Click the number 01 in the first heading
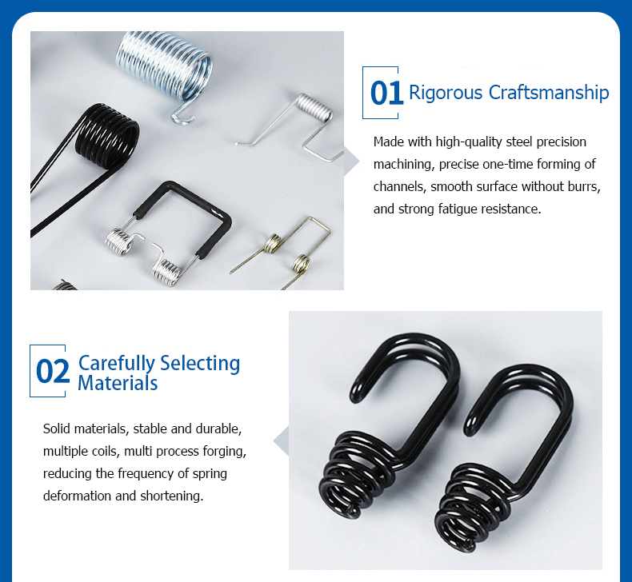click(x=386, y=93)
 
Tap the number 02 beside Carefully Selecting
click(x=53, y=372)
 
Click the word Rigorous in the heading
click(x=446, y=93)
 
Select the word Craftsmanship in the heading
click(x=549, y=93)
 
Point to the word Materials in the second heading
click(x=118, y=383)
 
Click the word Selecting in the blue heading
click(x=200, y=363)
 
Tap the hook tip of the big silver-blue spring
click(x=182, y=120)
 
